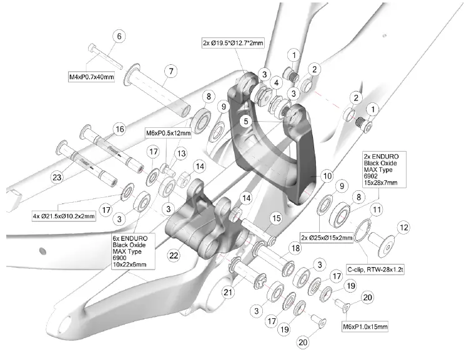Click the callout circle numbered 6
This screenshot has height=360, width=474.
point(117,37)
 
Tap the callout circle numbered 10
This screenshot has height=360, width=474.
point(327,176)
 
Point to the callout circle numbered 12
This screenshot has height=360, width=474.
point(404,228)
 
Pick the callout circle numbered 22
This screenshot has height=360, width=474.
point(174,255)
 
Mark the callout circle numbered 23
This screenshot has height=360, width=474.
point(57,178)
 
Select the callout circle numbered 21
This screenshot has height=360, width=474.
point(228,292)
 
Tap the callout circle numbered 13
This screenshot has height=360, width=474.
point(181,154)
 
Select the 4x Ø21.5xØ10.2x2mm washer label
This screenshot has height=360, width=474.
point(64,216)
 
